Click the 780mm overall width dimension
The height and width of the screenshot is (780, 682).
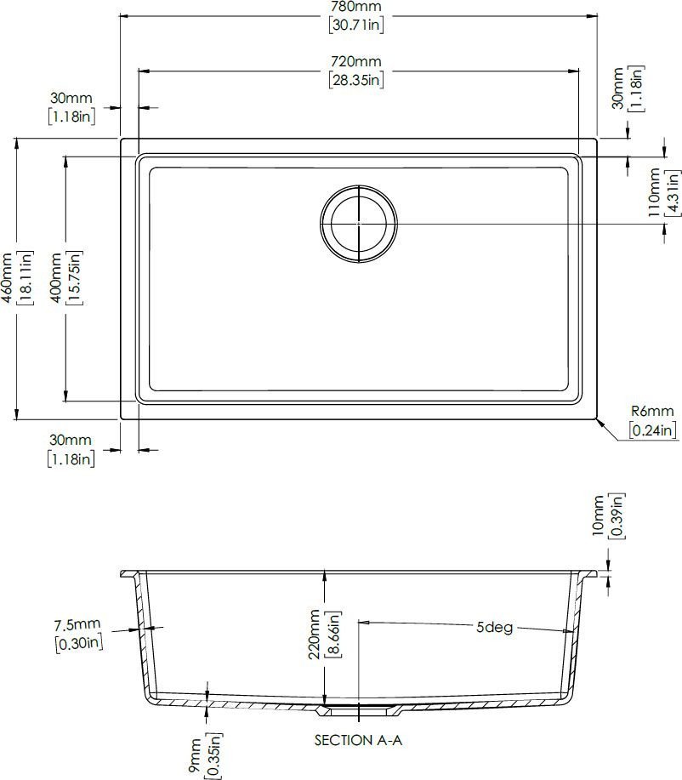pos(356,7)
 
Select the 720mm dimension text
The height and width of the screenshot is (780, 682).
pos(356,62)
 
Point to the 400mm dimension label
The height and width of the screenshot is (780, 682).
pos(56,277)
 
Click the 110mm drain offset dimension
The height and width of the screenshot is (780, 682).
pos(654,192)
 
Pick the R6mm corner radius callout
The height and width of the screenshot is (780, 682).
pos(652,412)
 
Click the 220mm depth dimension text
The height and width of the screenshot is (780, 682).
pos(315,635)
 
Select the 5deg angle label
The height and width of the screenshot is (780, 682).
pos(494,627)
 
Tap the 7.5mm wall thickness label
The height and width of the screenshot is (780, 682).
pos(77,624)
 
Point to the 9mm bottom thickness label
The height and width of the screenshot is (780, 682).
pos(195,755)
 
